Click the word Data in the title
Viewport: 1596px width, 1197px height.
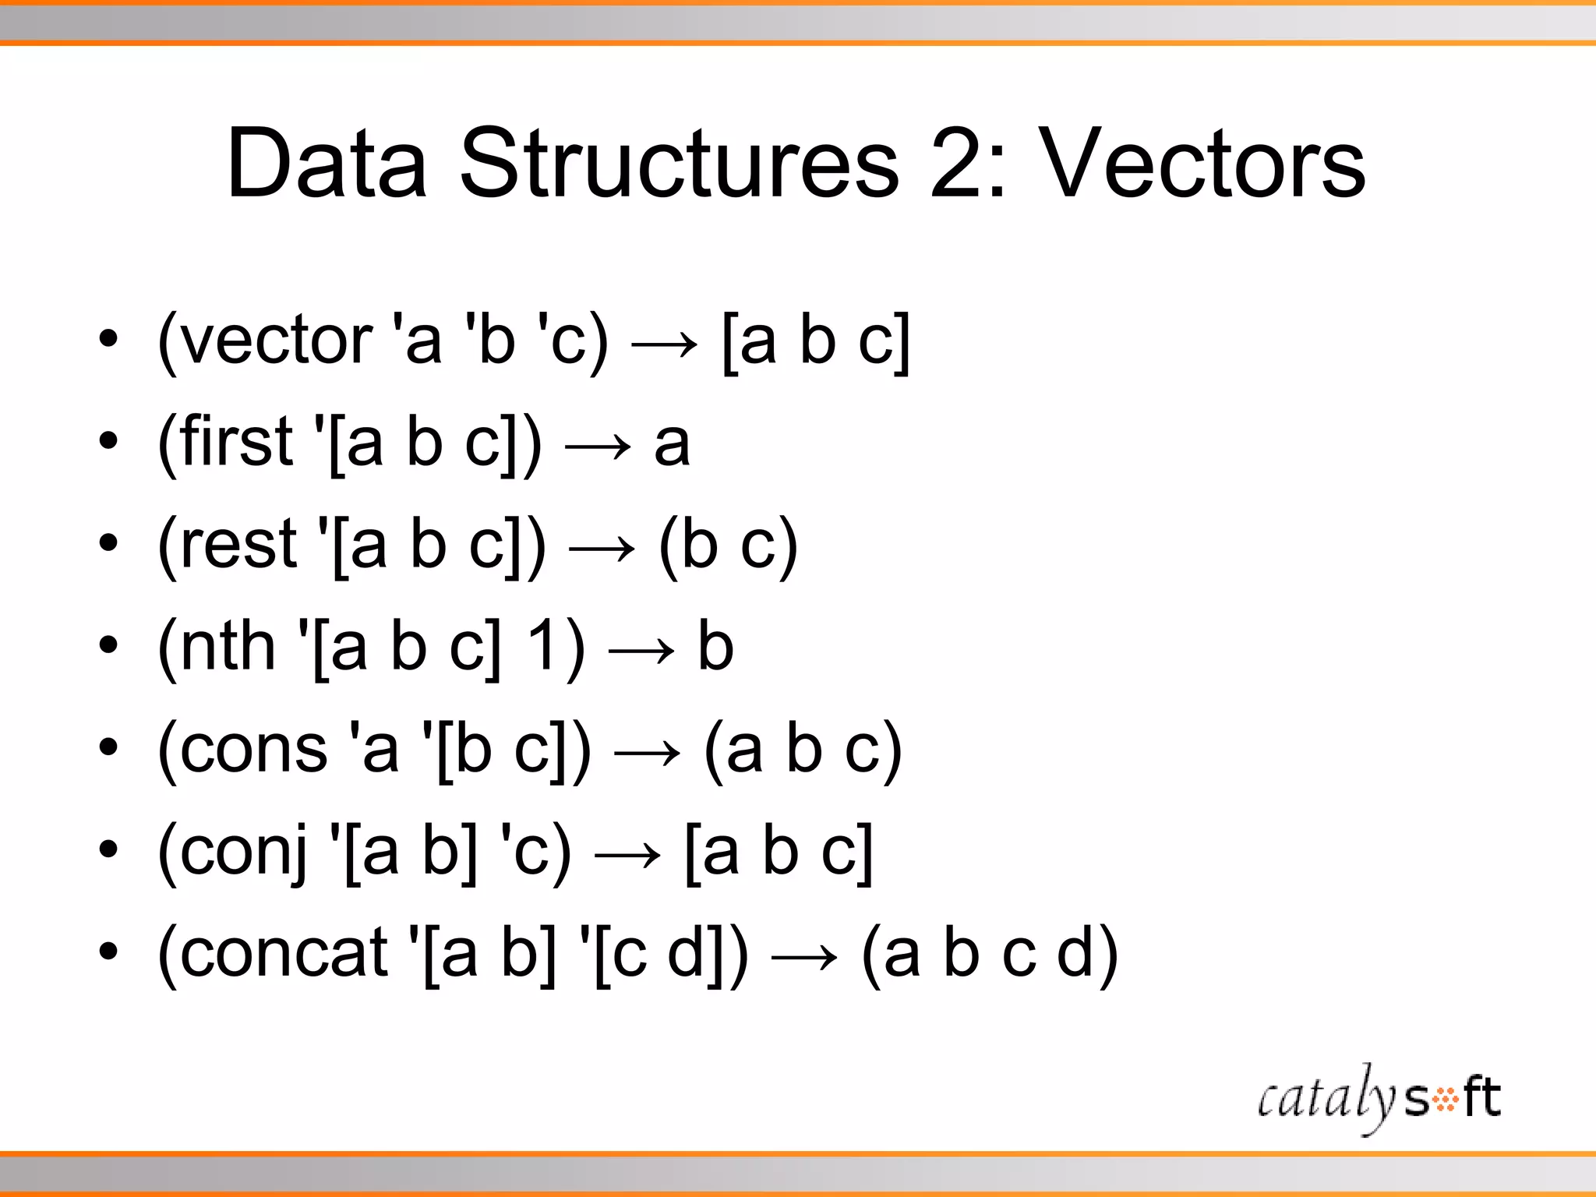pyautogui.click(x=327, y=164)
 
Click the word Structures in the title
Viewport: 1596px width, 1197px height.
pyautogui.click(x=680, y=164)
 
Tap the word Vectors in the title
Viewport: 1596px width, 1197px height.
pyautogui.click(x=1203, y=164)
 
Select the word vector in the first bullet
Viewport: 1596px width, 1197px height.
pyautogui.click(x=276, y=341)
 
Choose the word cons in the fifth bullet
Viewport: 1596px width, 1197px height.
pyautogui.click(x=254, y=749)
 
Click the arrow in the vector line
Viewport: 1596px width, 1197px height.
pyautogui.click(x=665, y=344)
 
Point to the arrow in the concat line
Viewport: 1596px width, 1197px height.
pyautogui.click(x=804, y=956)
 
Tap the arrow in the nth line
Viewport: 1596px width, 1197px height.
pyautogui.click(x=641, y=649)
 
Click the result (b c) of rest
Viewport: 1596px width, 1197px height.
pyautogui.click(x=729, y=546)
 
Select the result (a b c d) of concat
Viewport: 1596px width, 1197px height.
pyautogui.click(x=990, y=955)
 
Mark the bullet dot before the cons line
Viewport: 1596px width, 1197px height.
pyautogui.click(x=108, y=747)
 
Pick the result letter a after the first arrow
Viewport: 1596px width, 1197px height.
pyautogui.click(x=673, y=445)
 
